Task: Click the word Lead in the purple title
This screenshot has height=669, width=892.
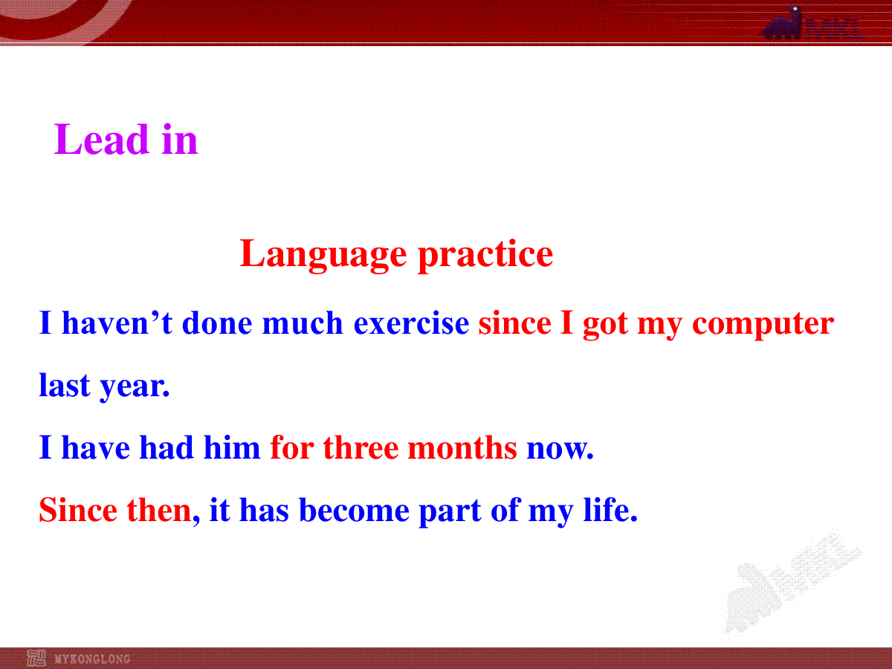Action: coord(101,139)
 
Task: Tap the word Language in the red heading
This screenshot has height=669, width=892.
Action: coord(323,255)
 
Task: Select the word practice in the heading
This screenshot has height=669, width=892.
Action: coord(485,255)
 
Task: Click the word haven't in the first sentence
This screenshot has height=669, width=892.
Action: coord(117,323)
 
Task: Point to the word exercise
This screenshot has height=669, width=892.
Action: coord(411,323)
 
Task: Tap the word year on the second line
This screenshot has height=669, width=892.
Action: coord(135,387)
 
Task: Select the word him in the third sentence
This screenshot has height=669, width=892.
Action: coord(232,447)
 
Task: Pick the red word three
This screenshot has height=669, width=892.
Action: coord(361,447)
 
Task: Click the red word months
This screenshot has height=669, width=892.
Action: coord(462,447)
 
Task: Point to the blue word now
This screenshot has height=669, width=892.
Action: coord(560,449)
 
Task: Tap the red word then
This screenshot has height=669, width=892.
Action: coord(159,510)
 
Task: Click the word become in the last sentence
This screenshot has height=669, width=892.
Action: coord(354,510)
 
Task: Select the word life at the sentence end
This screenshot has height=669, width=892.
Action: coord(610,509)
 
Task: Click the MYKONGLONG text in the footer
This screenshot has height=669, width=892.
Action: coord(92,659)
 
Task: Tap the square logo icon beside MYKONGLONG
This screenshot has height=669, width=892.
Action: coord(36,658)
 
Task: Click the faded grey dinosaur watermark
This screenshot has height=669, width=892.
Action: coord(792,584)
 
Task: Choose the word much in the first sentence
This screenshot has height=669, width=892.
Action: coord(303,323)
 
